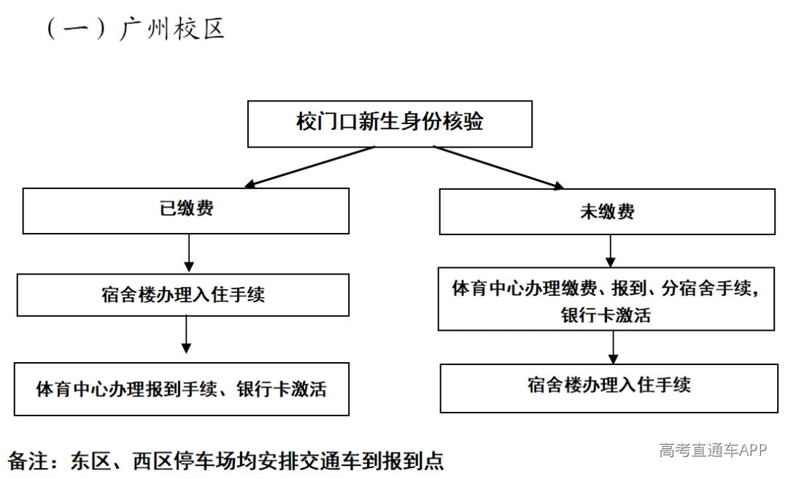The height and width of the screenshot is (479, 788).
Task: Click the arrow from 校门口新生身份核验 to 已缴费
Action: [309, 167]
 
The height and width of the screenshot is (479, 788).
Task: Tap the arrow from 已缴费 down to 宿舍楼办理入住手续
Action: [189, 253]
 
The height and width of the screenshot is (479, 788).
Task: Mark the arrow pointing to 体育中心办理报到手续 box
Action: [187, 334]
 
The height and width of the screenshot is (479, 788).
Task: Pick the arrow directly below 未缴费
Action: [610, 251]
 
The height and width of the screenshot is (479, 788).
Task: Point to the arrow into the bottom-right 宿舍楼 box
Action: [613, 347]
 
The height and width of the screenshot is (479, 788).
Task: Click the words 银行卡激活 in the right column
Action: [606, 315]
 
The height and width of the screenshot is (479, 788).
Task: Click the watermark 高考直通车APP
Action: [713, 449]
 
